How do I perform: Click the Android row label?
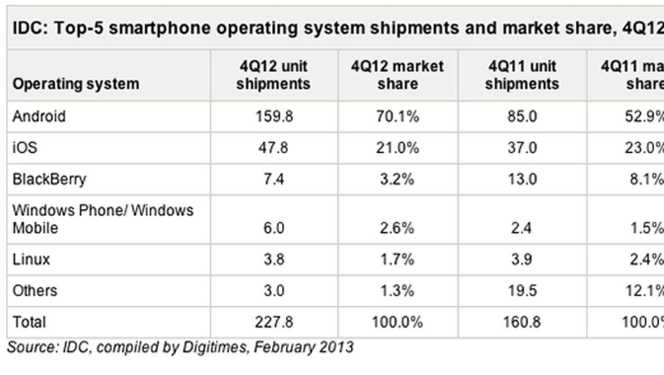point(39,117)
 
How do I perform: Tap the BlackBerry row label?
point(49,179)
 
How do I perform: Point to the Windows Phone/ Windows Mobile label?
point(103,220)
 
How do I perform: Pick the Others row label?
point(35,291)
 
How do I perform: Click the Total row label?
point(29,322)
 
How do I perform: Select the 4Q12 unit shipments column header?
point(273,75)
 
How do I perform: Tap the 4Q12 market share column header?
point(397,75)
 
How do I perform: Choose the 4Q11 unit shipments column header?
point(522,75)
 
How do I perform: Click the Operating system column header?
point(76,85)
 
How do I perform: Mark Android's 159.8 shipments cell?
point(273,117)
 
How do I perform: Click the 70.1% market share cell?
point(397,117)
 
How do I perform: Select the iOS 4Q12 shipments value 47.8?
point(273,148)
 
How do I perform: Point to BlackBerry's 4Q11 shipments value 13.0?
point(522,179)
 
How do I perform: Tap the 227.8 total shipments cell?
point(273,322)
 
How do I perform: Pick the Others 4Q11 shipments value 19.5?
point(522,291)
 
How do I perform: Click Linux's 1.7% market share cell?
point(397,260)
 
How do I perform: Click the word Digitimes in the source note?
point(221,348)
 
